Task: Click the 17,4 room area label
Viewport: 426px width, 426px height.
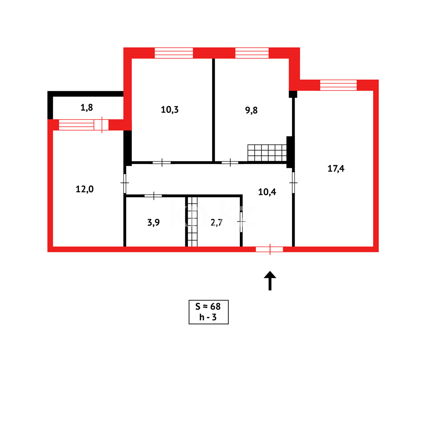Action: pyautogui.click(x=336, y=168)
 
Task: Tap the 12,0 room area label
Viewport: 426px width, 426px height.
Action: pyautogui.click(x=84, y=189)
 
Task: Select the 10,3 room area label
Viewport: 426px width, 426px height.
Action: pyautogui.click(x=170, y=110)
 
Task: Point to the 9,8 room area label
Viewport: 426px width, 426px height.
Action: pyautogui.click(x=251, y=110)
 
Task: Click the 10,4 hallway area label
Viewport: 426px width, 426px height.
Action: pyautogui.click(x=267, y=192)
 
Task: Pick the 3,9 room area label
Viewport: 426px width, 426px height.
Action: pyautogui.click(x=153, y=222)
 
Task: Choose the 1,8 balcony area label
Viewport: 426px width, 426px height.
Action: pyautogui.click(x=87, y=107)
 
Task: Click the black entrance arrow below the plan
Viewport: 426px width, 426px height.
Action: pyautogui.click(x=270, y=280)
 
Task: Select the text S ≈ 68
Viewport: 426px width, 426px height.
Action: pyautogui.click(x=208, y=306)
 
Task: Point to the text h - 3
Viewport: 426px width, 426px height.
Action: pyautogui.click(x=208, y=318)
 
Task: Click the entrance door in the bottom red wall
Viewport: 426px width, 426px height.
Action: pyautogui.click(x=270, y=249)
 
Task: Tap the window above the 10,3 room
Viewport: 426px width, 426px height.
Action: pyautogui.click(x=174, y=53)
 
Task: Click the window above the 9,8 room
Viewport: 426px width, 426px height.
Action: pyautogui.click(x=252, y=53)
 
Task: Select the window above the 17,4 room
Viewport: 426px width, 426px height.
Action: pyautogui.click(x=338, y=85)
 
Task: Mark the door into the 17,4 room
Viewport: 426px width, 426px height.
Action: pyautogui.click(x=293, y=183)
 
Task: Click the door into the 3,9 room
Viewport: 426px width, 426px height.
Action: pyautogui.click(x=153, y=196)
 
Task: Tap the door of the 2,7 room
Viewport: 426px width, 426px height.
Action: pyautogui.click(x=241, y=222)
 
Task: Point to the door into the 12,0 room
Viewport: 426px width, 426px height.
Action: pyautogui.click(x=125, y=183)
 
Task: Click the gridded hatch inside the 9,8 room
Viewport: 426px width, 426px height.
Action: pyautogui.click(x=267, y=153)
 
